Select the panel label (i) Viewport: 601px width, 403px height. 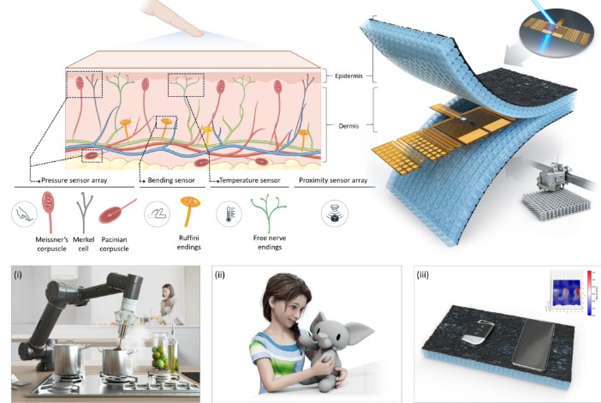tap(18, 275)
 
